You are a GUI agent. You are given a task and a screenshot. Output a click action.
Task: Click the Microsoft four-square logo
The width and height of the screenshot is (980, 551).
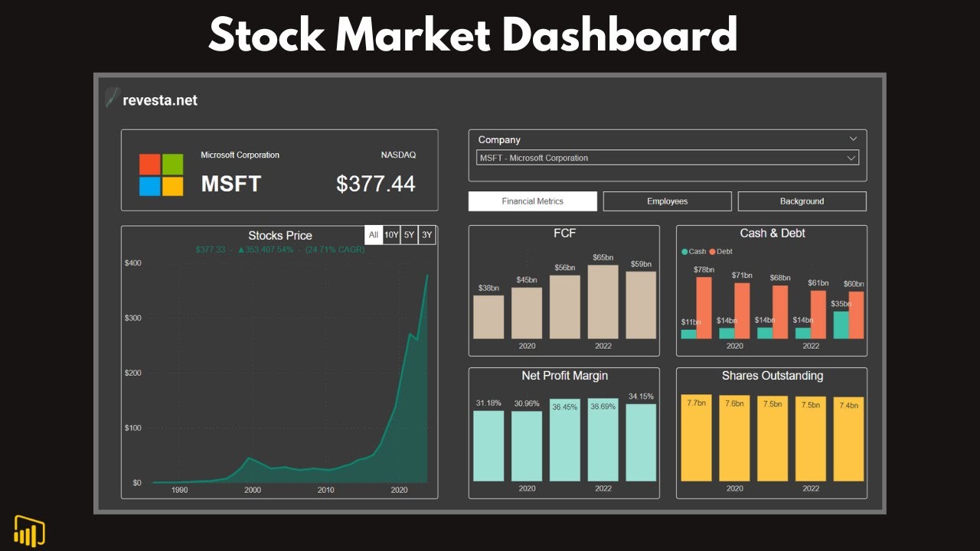tap(161, 175)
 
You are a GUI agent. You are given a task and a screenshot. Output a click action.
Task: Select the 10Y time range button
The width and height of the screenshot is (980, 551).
tap(391, 235)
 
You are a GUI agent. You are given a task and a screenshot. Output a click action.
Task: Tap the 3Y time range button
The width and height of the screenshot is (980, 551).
tap(427, 235)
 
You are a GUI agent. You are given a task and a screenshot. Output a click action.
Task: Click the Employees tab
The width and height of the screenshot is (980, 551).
tap(667, 201)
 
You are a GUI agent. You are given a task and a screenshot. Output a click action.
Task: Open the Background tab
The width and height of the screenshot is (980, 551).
tap(802, 201)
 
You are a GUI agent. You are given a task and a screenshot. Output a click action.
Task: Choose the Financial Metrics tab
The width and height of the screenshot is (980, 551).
tap(532, 201)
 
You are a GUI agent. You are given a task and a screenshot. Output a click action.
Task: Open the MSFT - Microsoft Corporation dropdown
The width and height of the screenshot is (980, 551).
tap(667, 158)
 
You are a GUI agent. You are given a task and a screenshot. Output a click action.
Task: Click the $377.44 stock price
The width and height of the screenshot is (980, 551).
tap(375, 184)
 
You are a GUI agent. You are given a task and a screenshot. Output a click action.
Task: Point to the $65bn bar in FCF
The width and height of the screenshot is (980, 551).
tap(603, 302)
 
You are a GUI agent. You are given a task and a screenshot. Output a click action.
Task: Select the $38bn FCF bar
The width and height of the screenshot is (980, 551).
tap(488, 317)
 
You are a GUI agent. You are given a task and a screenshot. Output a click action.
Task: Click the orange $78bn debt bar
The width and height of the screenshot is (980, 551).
tap(704, 308)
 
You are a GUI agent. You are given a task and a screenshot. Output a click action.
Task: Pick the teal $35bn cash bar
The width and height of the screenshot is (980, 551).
tap(841, 324)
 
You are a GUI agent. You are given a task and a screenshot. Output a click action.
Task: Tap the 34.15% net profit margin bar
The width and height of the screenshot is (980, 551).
tap(641, 442)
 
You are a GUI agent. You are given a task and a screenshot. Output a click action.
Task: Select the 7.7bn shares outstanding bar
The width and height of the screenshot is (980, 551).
tap(696, 438)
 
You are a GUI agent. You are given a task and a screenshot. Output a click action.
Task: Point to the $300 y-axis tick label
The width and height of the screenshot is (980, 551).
tap(132, 318)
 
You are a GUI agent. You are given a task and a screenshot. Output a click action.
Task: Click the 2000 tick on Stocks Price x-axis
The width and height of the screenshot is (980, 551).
tap(252, 490)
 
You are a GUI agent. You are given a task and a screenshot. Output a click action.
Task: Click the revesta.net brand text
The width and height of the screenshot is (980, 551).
tap(159, 100)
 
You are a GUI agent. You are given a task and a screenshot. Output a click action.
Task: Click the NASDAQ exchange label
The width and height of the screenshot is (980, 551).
tap(398, 155)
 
